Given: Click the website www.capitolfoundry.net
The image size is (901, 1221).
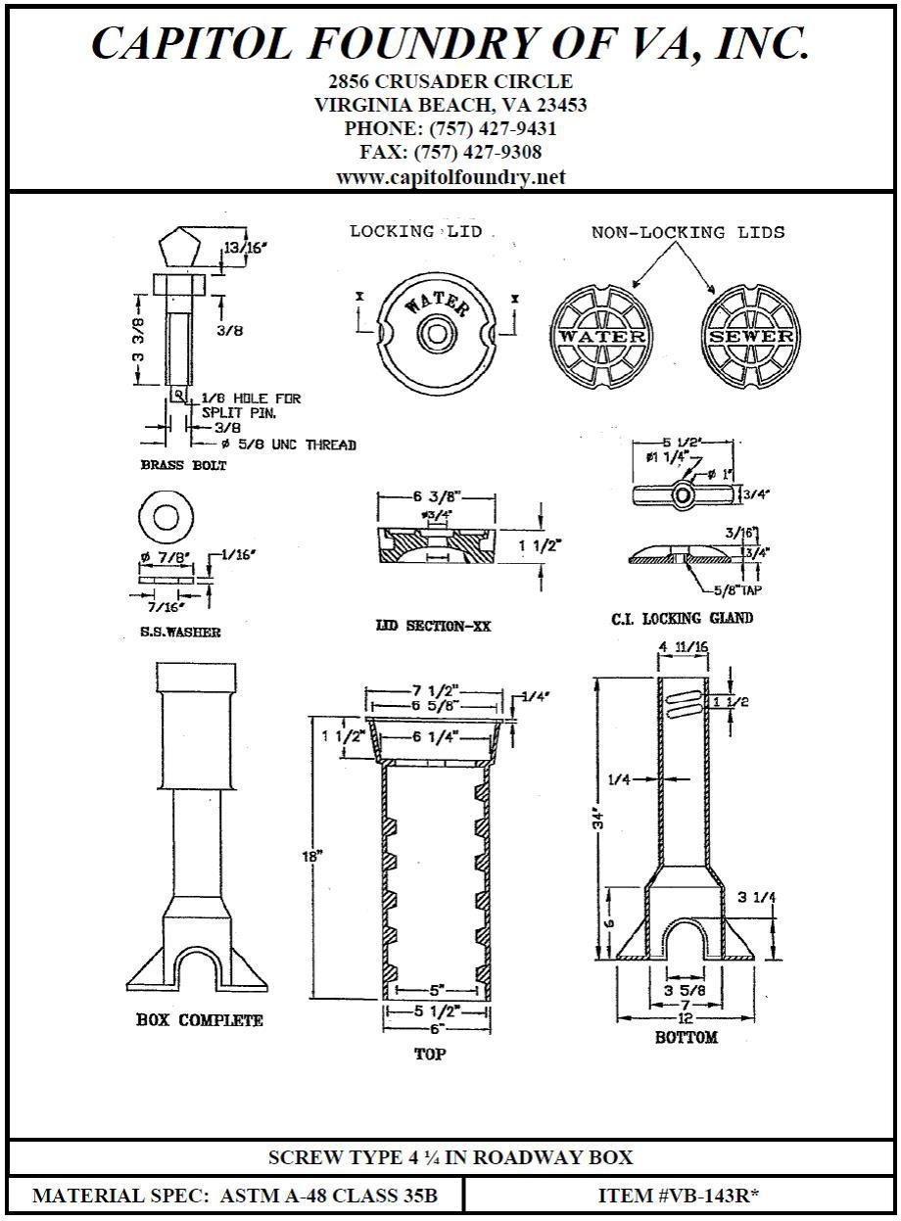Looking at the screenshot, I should pos(450,177).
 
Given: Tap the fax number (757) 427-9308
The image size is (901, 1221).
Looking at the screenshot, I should pos(478,153).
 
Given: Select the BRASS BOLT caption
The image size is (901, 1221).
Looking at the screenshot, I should pos(183,465).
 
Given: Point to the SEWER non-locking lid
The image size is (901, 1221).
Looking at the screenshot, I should pos(750,336).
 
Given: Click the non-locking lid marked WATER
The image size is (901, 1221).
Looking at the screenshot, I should pos(601,336).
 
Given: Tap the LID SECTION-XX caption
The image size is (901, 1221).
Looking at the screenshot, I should pos(434,625).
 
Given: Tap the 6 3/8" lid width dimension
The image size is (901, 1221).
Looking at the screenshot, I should pos(438,496).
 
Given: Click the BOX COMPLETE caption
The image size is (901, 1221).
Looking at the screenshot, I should pos(199,1020).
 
